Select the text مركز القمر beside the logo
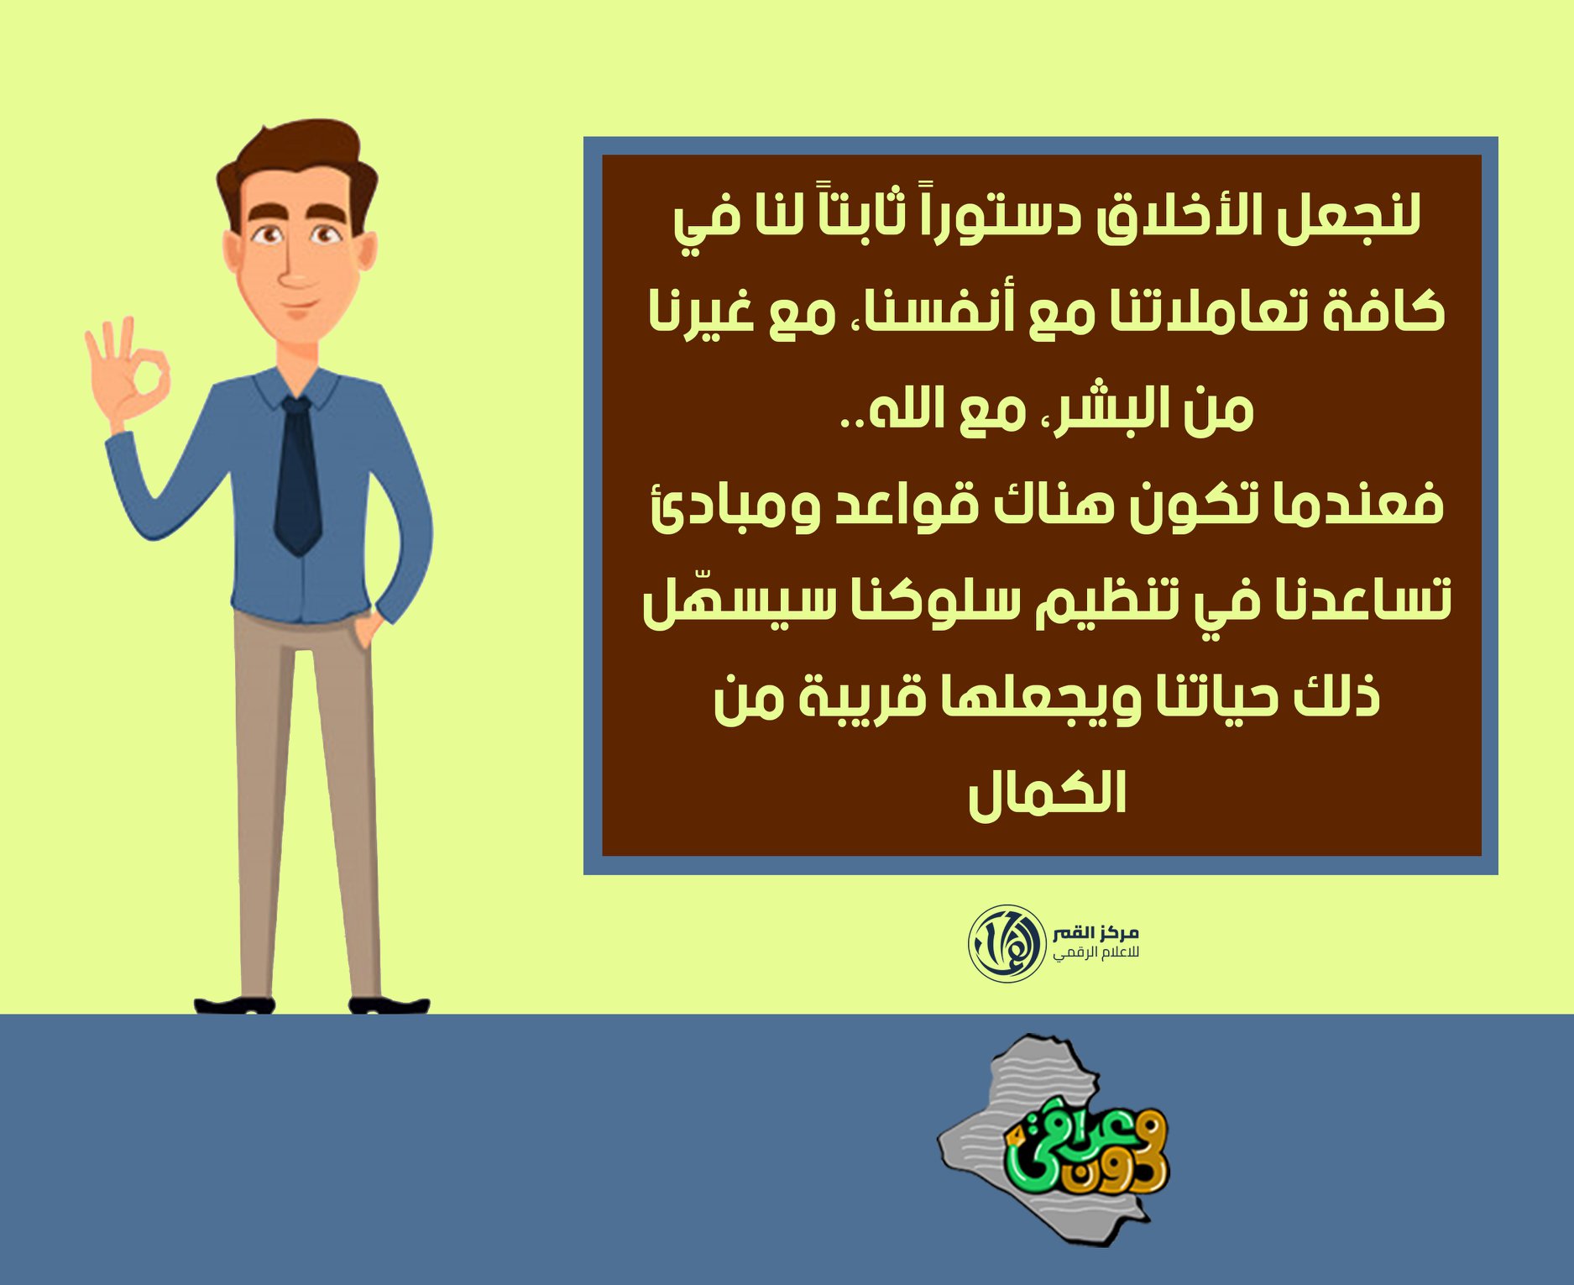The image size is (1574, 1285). pos(1096,933)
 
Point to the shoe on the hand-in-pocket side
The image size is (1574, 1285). pos(389,1004)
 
